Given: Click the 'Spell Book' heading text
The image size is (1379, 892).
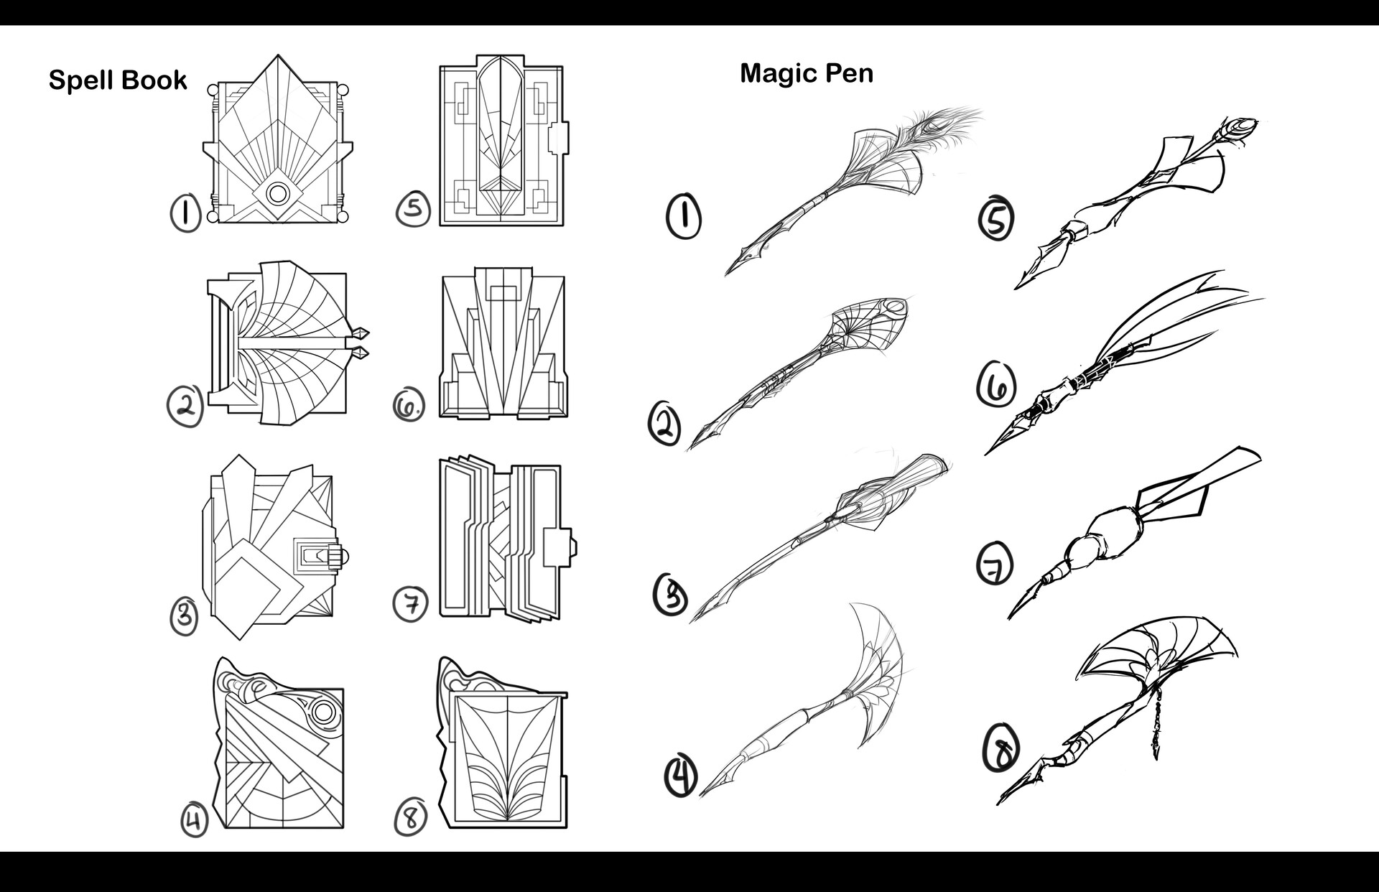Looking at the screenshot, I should coord(118,80).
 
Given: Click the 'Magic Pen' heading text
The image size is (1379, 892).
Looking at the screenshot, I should coord(807,73).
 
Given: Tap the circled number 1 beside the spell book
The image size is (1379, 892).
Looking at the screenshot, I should coord(186,213).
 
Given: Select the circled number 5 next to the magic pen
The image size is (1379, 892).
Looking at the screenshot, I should coord(996,220).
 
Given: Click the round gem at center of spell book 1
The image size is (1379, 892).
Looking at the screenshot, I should coord(277,194).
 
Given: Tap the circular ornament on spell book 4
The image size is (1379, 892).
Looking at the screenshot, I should coord(322,713).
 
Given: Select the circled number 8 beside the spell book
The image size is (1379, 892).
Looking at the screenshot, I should coord(411,817).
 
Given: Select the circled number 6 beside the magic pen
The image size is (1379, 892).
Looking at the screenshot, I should coord(996,386).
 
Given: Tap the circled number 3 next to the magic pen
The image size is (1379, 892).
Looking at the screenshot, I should coord(671,595).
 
